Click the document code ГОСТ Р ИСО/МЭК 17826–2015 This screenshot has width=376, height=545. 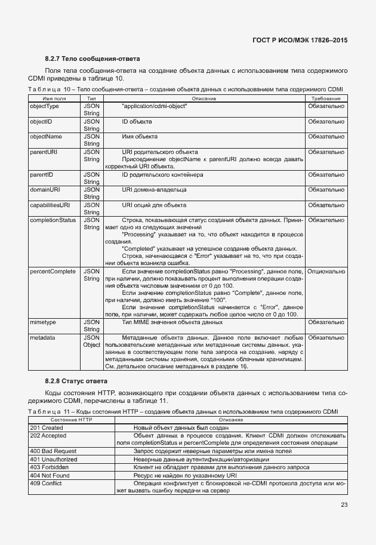tap(300, 40)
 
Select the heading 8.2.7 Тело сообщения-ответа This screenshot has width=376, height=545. tap(93, 59)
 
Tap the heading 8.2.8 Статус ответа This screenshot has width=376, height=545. tap(76, 381)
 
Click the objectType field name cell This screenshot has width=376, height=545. tap(45, 106)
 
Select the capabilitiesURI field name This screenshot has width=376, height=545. tap(50, 205)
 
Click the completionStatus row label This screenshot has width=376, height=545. tap(53, 220)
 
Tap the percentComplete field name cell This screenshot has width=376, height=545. tap(53, 272)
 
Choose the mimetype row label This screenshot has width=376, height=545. tap(43, 322)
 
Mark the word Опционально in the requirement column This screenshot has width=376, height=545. tap(326, 272)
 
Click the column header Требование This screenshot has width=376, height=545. tap(326, 98)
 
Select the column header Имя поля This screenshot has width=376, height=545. tap(54, 98)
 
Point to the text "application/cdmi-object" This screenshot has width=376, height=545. tap(155, 106)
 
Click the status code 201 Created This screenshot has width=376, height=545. tap(47, 428)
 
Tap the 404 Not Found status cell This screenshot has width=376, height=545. tap(50, 476)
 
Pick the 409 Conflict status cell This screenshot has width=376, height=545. tap(46, 484)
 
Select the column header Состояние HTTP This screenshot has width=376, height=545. tap(70, 420)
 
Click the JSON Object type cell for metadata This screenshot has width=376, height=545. tap(92, 341)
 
